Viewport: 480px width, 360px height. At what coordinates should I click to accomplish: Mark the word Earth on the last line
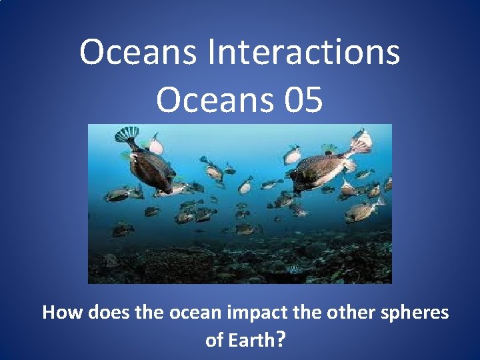[x=251, y=340]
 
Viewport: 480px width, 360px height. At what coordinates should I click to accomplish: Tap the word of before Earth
[x=214, y=340]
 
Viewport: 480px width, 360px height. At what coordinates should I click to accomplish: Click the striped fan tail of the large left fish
[x=126, y=134]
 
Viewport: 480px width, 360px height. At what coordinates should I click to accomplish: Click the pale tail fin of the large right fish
[x=361, y=143]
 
